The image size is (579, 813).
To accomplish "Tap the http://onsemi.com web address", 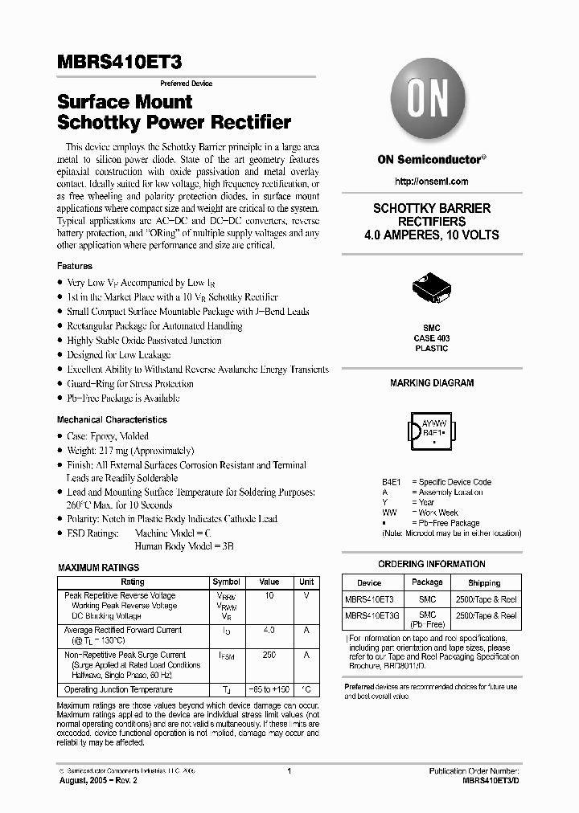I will pos(431,182).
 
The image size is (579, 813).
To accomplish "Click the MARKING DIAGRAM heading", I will pos(431,383).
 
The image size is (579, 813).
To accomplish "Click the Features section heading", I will pos(74,266).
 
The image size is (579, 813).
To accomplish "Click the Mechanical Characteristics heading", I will pos(112,419).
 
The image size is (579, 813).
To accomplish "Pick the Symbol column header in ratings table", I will pos(226,582).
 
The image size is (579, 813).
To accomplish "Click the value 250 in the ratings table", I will pos(269,655).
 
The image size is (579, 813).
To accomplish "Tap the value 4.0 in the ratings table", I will pos(269,630).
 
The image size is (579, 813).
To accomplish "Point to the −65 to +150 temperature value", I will pos(269,689).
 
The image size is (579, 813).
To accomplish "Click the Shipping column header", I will pos(484,582).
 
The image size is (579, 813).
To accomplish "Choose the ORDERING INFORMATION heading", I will pos(431,564).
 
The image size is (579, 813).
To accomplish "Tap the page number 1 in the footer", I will pos(289,771).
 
